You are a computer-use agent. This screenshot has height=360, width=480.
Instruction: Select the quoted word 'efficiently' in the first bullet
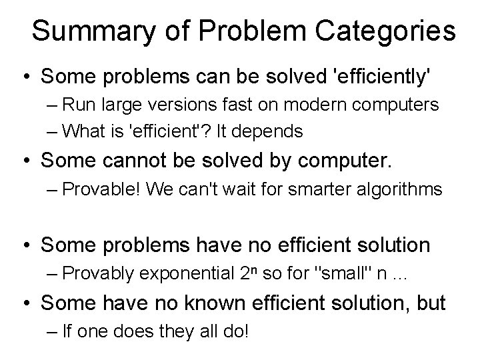tap(377, 77)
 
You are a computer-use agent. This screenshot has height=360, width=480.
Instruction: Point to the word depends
tap(272, 131)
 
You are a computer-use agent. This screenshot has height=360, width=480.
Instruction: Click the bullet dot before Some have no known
tap(27, 303)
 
